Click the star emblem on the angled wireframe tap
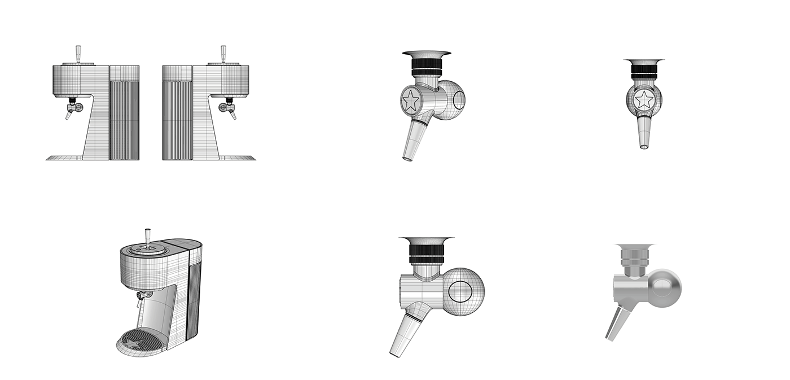click(x=410, y=101)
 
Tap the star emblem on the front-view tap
click(x=644, y=101)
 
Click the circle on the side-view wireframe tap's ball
click(x=461, y=291)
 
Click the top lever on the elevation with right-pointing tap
click(x=223, y=54)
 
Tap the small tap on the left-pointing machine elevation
click(x=72, y=108)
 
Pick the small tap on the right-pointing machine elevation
click(x=229, y=108)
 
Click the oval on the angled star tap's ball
click(x=459, y=99)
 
